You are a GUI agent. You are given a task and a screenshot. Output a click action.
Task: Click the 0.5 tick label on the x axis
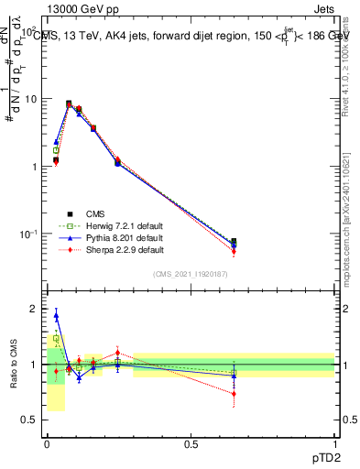[191, 444]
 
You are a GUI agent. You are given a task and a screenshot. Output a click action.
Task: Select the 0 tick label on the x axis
[47, 444]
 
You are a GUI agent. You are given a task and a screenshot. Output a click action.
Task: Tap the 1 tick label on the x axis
[335, 444]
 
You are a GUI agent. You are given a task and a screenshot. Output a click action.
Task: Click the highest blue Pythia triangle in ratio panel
[56, 316]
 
